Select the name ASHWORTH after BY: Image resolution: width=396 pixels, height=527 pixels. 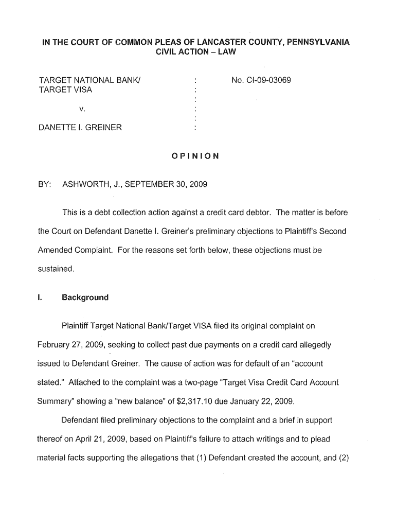pos(84,184)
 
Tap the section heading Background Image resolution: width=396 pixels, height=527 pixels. pos(85,297)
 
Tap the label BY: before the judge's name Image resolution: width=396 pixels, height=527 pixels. pos(45,184)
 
